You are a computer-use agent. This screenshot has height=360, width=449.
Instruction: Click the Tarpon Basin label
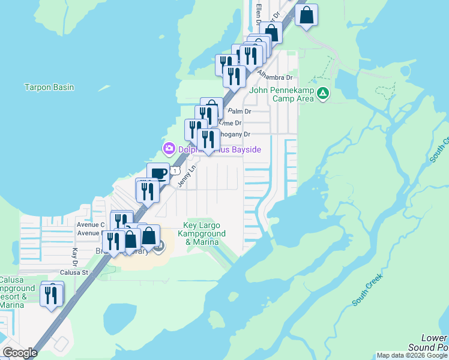click(x=49, y=87)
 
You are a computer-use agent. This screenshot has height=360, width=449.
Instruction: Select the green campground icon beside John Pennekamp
click(x=323, y=93)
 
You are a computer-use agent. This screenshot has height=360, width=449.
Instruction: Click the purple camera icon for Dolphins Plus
click(x=169, y=148)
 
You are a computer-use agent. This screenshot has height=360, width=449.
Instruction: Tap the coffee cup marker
click(x=158, y=173)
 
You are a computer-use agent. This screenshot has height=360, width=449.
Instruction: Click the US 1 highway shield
click(x=175, y=171)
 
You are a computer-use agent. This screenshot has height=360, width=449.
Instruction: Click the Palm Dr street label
click(x=240, y=112)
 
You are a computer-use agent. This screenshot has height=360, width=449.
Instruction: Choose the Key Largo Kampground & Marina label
click(x=204, y=233)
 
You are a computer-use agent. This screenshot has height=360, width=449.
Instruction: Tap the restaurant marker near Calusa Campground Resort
click(x=51, y=295)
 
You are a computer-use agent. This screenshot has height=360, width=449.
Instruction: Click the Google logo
click(x=20, y=352)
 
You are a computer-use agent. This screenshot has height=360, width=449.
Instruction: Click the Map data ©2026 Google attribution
click(x=412, y=355)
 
